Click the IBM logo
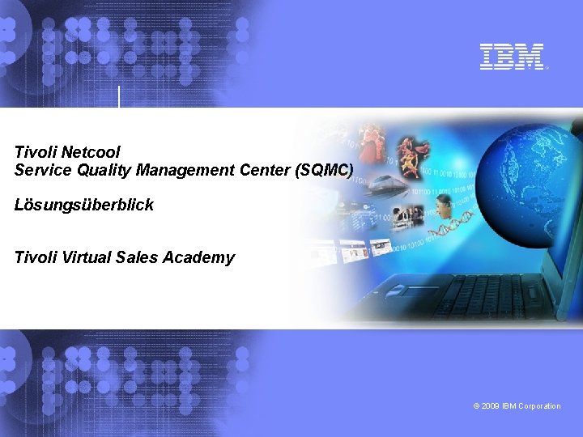click(513, 57)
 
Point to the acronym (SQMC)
click(324, 170)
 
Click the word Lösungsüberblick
click(83, 206)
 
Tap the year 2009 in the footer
click(490, 406)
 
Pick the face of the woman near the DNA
click(444, 203)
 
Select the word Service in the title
click(40, 170)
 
